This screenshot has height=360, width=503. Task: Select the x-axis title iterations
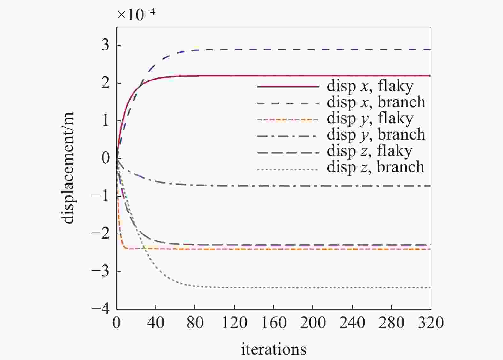(x=274, y=349)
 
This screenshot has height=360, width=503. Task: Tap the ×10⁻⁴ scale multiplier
(x=136, y=14)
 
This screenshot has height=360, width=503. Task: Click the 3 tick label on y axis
(x=105, y=45)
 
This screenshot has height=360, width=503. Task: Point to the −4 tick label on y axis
(x=100, y=309)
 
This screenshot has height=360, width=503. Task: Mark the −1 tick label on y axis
(x=100, y=195)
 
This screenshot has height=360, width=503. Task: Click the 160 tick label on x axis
(x=274, y=323)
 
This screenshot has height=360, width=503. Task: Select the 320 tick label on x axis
(x=431, y=323)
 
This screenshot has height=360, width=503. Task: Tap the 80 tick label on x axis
(x=195, y=323)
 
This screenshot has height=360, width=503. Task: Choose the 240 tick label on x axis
(x=352, y=323)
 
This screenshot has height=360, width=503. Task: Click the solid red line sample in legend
(x=288, y=86)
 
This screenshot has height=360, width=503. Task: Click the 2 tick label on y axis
(x=105, y=83)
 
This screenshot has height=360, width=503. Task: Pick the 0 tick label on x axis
(x=117, y=323)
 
